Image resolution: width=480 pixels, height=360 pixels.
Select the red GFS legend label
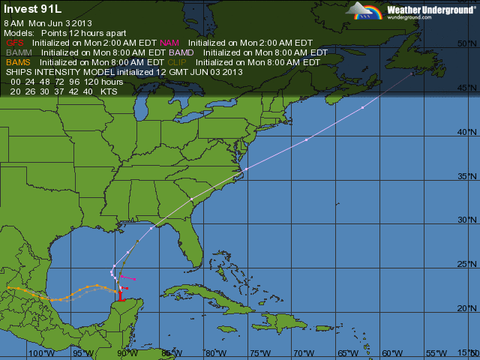[x=16, y=43]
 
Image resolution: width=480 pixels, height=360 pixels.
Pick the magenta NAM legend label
[x=169, y=43]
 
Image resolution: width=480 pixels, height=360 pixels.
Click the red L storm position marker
[x=122, y=297]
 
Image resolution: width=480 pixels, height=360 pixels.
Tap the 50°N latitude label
[x=466, y=44]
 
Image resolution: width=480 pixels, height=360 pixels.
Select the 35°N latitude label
[x=466, y=177]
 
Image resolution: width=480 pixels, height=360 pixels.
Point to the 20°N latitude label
[x=466, y=308]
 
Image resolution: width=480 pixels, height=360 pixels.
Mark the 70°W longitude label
[x=304, y=353]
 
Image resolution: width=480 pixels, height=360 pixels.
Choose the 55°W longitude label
[x=436, y=353]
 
